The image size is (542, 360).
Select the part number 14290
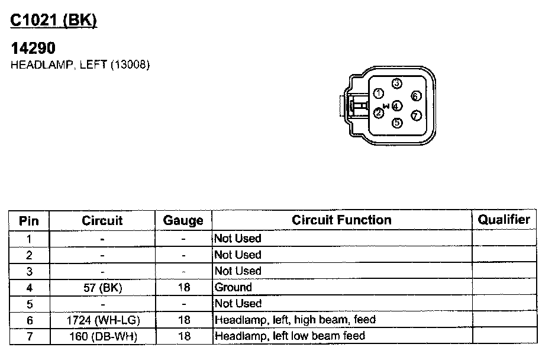[x=33, y=49]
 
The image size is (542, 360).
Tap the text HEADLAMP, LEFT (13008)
[x=80, y=65]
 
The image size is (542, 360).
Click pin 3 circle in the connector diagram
[x=397, y=83]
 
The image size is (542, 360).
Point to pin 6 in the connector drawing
[x=416, y=96]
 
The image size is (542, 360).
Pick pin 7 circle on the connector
[x=416, y=115]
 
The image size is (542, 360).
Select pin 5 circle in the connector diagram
[x=397, y=123]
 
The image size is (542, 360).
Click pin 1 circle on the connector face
[x=379, y=93]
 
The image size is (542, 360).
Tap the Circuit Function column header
[x=341, y=220]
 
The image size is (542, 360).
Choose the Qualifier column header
[x=504, y=220]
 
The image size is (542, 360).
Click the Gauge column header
[x=183, y=221]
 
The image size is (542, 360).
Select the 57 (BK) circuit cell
[x=102, y=287]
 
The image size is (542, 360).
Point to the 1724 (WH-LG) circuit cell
[x=102, y=320]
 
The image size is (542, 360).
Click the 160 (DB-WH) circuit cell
[x=102, y=336]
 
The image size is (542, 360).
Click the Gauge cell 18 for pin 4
[x=183, y=287]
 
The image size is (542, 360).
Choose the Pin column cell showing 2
[x=29, y=255]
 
